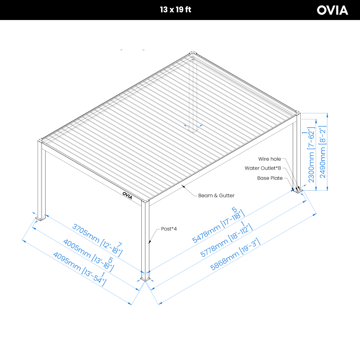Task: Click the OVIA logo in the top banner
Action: (332, 10)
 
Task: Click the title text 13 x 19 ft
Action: (175, 10)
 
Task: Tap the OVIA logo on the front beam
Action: (127, 195)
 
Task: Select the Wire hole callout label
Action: (269, 159)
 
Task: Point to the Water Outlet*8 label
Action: (263, 168)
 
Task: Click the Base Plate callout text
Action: (270, 178)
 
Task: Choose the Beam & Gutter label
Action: (216, 196)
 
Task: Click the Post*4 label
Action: (169, 229)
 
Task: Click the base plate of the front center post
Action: (145, 279)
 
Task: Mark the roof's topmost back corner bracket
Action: (193, 53)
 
